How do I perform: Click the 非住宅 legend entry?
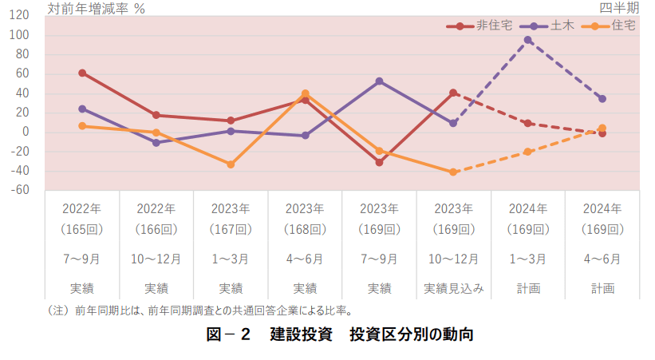click(488, 26)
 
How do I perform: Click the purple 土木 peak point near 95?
click(528, 40)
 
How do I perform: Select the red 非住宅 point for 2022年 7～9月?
click(82, 73)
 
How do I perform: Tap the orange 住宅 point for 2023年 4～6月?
click(305, 94)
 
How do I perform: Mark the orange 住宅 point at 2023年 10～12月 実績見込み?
click(453, 172)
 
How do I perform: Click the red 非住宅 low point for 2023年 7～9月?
click(379, 162)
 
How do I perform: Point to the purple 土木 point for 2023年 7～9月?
click(379, 81)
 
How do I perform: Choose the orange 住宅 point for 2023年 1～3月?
click(231, 164)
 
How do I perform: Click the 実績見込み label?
click(453, 288)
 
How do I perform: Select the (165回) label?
click(82, 230)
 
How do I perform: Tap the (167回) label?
click(231, 230)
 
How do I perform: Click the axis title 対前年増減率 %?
click(96, 9)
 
